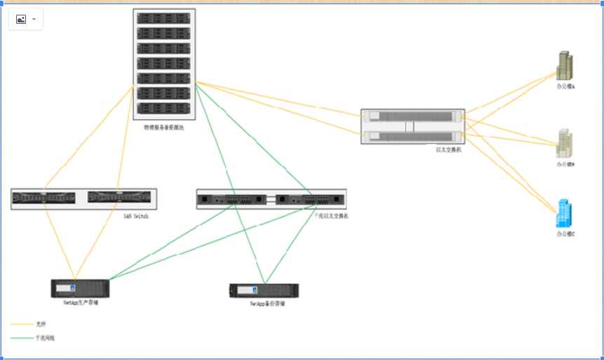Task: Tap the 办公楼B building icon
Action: tap(565, 143)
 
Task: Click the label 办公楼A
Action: tap(565, 87)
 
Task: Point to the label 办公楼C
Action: tap(565, 234)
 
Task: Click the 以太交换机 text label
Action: tap(448, 149)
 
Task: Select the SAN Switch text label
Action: tap(136, 216)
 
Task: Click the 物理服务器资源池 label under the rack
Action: tap(164, 128)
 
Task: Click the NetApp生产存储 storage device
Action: tap(80, 288)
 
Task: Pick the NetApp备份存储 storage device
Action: tap(264, 291)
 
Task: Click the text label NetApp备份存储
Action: tap(267, 304)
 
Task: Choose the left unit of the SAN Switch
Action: tap(44, 198)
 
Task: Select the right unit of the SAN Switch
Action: tap(120, 198)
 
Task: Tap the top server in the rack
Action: tap(164, 18)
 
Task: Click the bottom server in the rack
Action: tap(164, 109)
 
